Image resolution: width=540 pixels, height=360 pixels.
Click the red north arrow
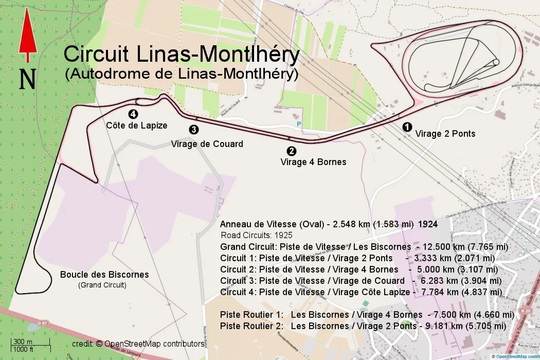pyautogui.click(x=28, y=34)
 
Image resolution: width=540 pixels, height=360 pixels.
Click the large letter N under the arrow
pyautogui.click(x=28, y=79)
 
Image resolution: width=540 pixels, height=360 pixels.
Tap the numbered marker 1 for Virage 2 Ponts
pyautogui.click(x=406, y=126)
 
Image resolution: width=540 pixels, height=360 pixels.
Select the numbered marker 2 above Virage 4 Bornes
pyautogui.click(x=292, y=151)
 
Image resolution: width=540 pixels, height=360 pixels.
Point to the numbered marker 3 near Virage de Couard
pyautogui.click(x=194, y=130)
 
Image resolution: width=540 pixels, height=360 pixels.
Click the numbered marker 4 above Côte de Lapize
pyautogui.click(x=133, y=114)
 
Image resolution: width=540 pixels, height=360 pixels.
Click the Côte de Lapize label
pyautogui.click(x=136, y=125)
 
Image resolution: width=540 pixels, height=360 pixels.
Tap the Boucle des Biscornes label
pyautogui.click(x=104, y=275)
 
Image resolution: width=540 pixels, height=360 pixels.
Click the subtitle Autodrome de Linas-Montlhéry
pyautogui.click(x=182, y=74)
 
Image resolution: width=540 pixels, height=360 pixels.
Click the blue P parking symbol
pyautogui.click(x=299, y=124)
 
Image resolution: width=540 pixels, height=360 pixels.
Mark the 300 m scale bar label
pyautogui.click(x=23, y=342)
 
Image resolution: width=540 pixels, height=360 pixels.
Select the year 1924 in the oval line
pyautogui.click(x=428, y=225)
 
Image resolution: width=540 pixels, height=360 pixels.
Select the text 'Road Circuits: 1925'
pyautogui.click(x=256, y=236)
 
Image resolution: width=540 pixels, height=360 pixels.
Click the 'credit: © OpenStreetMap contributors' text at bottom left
pyautogui.click(x=138, y=344)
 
